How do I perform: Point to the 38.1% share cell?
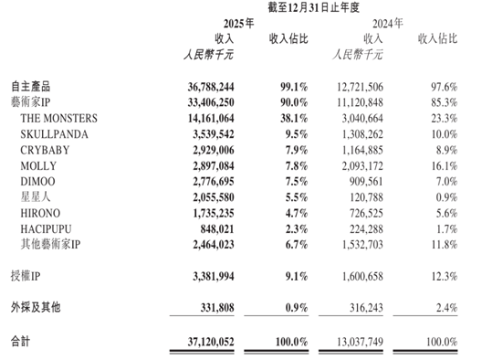pos(290,118)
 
